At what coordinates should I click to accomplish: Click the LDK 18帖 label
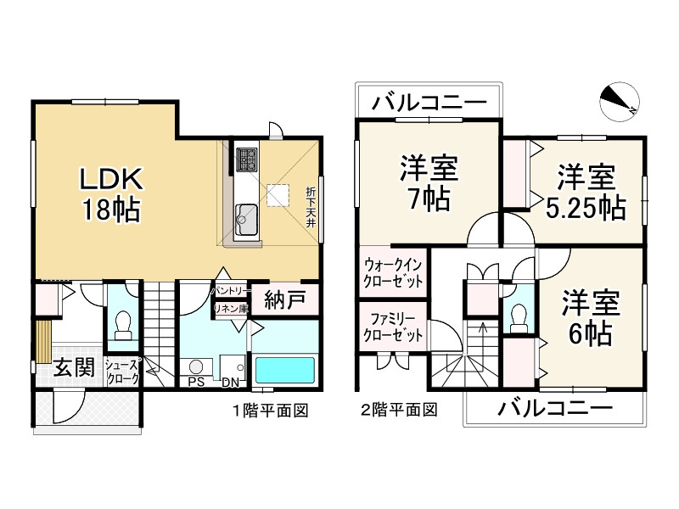pos(113,194)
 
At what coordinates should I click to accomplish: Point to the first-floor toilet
pos(122,325)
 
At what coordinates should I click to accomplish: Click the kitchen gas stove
pos(247,159)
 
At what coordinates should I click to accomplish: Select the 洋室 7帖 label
pos(428,184)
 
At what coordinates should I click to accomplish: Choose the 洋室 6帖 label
pos(590,318)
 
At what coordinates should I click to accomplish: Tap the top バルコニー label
pos(428,104)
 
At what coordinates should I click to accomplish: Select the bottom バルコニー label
pos(555,410)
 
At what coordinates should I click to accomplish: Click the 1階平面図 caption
pos(270,411)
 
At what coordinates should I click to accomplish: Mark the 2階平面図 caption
pos(399,411)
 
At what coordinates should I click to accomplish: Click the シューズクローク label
pos(122,372)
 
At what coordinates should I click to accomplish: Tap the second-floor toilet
pos(519,315)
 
